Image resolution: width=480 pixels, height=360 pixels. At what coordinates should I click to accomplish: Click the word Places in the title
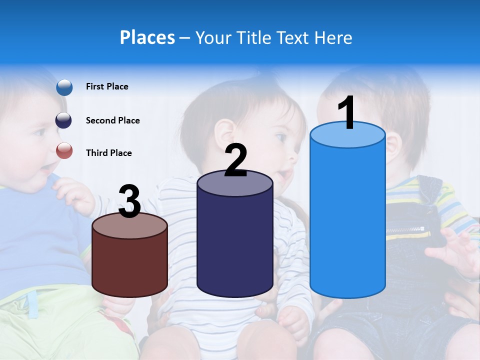(147, 37)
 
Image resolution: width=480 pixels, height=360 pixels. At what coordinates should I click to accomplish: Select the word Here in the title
(333, 37)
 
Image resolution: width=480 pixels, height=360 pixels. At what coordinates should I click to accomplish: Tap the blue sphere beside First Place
(64, 87)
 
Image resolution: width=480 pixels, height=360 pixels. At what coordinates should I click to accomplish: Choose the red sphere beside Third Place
(64, 150)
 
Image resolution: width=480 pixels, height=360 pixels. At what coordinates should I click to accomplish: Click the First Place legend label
(107, 86)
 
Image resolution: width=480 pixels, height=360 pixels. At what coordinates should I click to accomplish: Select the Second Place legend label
(112, 120)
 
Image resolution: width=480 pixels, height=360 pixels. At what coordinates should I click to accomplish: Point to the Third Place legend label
(108, 153)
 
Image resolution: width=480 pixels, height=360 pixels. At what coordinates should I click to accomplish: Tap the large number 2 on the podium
(235, 160)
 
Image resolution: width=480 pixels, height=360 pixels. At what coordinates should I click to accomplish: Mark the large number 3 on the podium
(130, 201)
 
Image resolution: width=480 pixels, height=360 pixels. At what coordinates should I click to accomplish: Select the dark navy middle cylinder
(234, 240)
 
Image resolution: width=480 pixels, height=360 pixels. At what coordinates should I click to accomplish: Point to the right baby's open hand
(452, 252)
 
